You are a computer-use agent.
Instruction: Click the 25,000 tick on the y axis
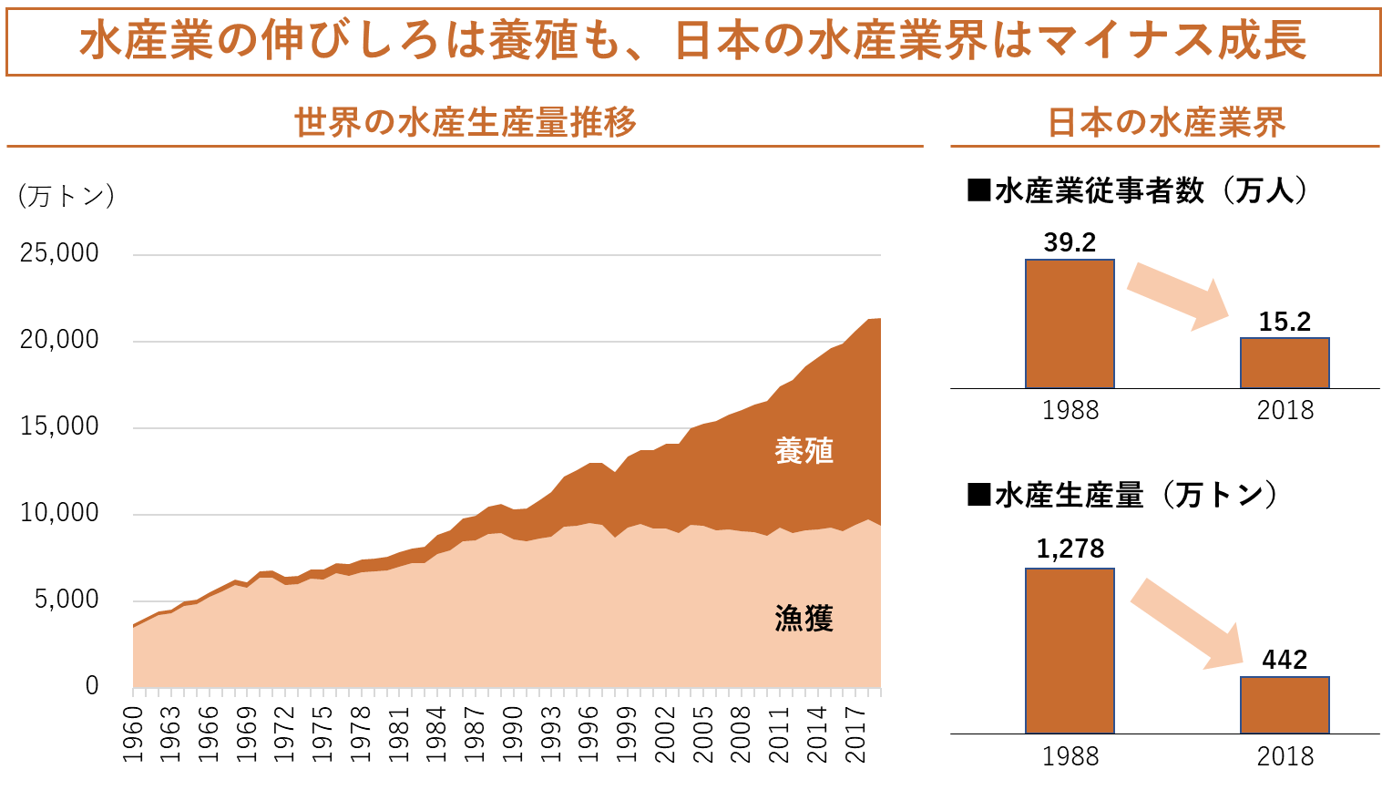59,253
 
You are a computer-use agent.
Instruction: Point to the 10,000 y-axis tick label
59,513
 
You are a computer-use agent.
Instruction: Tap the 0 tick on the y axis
91,686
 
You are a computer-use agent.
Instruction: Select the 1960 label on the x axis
134,734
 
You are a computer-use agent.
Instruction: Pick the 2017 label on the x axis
855,734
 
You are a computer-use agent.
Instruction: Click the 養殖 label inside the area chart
804,451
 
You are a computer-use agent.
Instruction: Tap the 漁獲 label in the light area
804,619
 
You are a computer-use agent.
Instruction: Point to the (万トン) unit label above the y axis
66,196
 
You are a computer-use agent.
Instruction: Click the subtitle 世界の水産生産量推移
465,122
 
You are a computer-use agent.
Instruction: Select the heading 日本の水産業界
1166,122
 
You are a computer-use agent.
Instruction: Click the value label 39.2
1070,242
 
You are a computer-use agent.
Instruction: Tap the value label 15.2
1285,322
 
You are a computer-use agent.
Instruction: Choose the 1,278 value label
1070,549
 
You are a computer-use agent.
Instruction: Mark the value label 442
1285,660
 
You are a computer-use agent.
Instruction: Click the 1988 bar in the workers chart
1070,324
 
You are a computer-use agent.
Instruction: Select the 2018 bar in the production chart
1285,705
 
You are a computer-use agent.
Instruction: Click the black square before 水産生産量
978,495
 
